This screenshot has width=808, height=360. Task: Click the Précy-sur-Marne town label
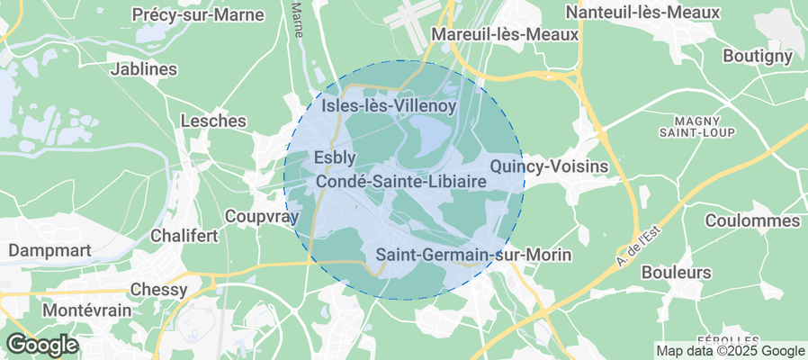[198, 14]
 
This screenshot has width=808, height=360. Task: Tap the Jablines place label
[143, 68]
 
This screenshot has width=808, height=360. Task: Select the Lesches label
[213, 121]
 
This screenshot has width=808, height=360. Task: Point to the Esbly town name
[337, 157]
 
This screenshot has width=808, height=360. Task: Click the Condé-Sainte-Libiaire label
[401, 181]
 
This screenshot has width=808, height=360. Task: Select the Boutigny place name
[758, 56]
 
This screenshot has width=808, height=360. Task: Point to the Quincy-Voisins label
[549, 166]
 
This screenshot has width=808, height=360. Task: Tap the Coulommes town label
[753, 220]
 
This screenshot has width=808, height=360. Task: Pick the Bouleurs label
[677, 272]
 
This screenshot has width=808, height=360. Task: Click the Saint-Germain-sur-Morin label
[473, 256]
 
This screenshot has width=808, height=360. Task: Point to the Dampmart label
[46, 249]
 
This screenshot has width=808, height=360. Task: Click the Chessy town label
[158, 290]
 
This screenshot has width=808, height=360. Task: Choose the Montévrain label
[87, 310]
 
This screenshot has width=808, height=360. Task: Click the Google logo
[42, 344]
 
